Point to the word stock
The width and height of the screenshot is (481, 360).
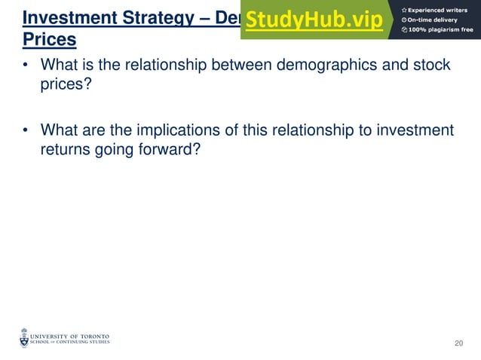pos(432,66)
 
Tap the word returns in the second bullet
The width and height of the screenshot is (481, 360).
pos(66,149)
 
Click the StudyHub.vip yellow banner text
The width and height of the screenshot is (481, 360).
pos(314,20)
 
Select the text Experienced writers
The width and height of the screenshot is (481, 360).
pos(438,9)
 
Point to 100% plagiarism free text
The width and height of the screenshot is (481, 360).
pos(440,29)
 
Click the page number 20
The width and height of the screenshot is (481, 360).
pos(458,343)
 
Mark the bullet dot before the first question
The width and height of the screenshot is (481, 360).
pos(26,66)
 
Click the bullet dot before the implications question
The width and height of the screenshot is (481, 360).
pos(26,131)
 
